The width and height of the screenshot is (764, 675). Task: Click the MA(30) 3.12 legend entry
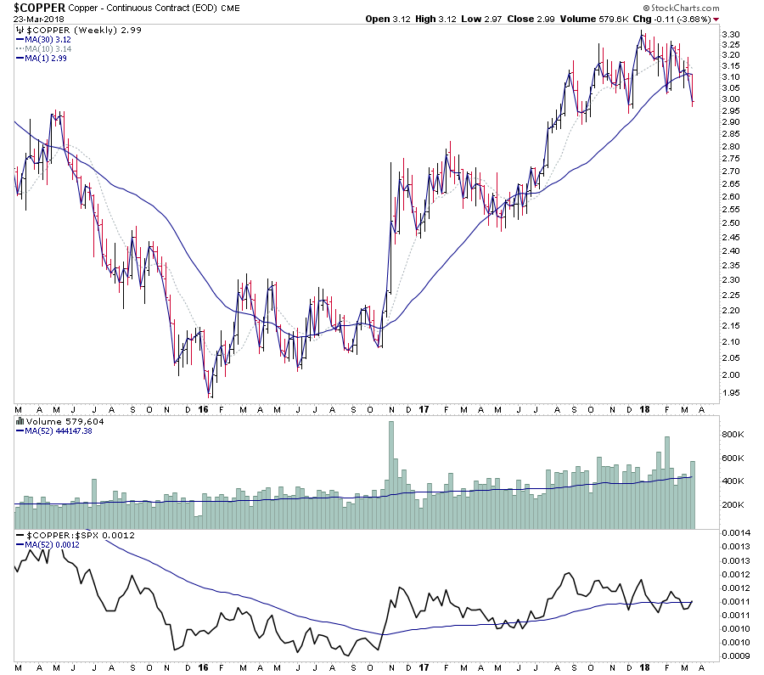(x=48, y=39)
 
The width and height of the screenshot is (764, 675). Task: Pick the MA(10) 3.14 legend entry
(x=48, y=48)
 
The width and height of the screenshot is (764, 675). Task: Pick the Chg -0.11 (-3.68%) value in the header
(x=680, y=19)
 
